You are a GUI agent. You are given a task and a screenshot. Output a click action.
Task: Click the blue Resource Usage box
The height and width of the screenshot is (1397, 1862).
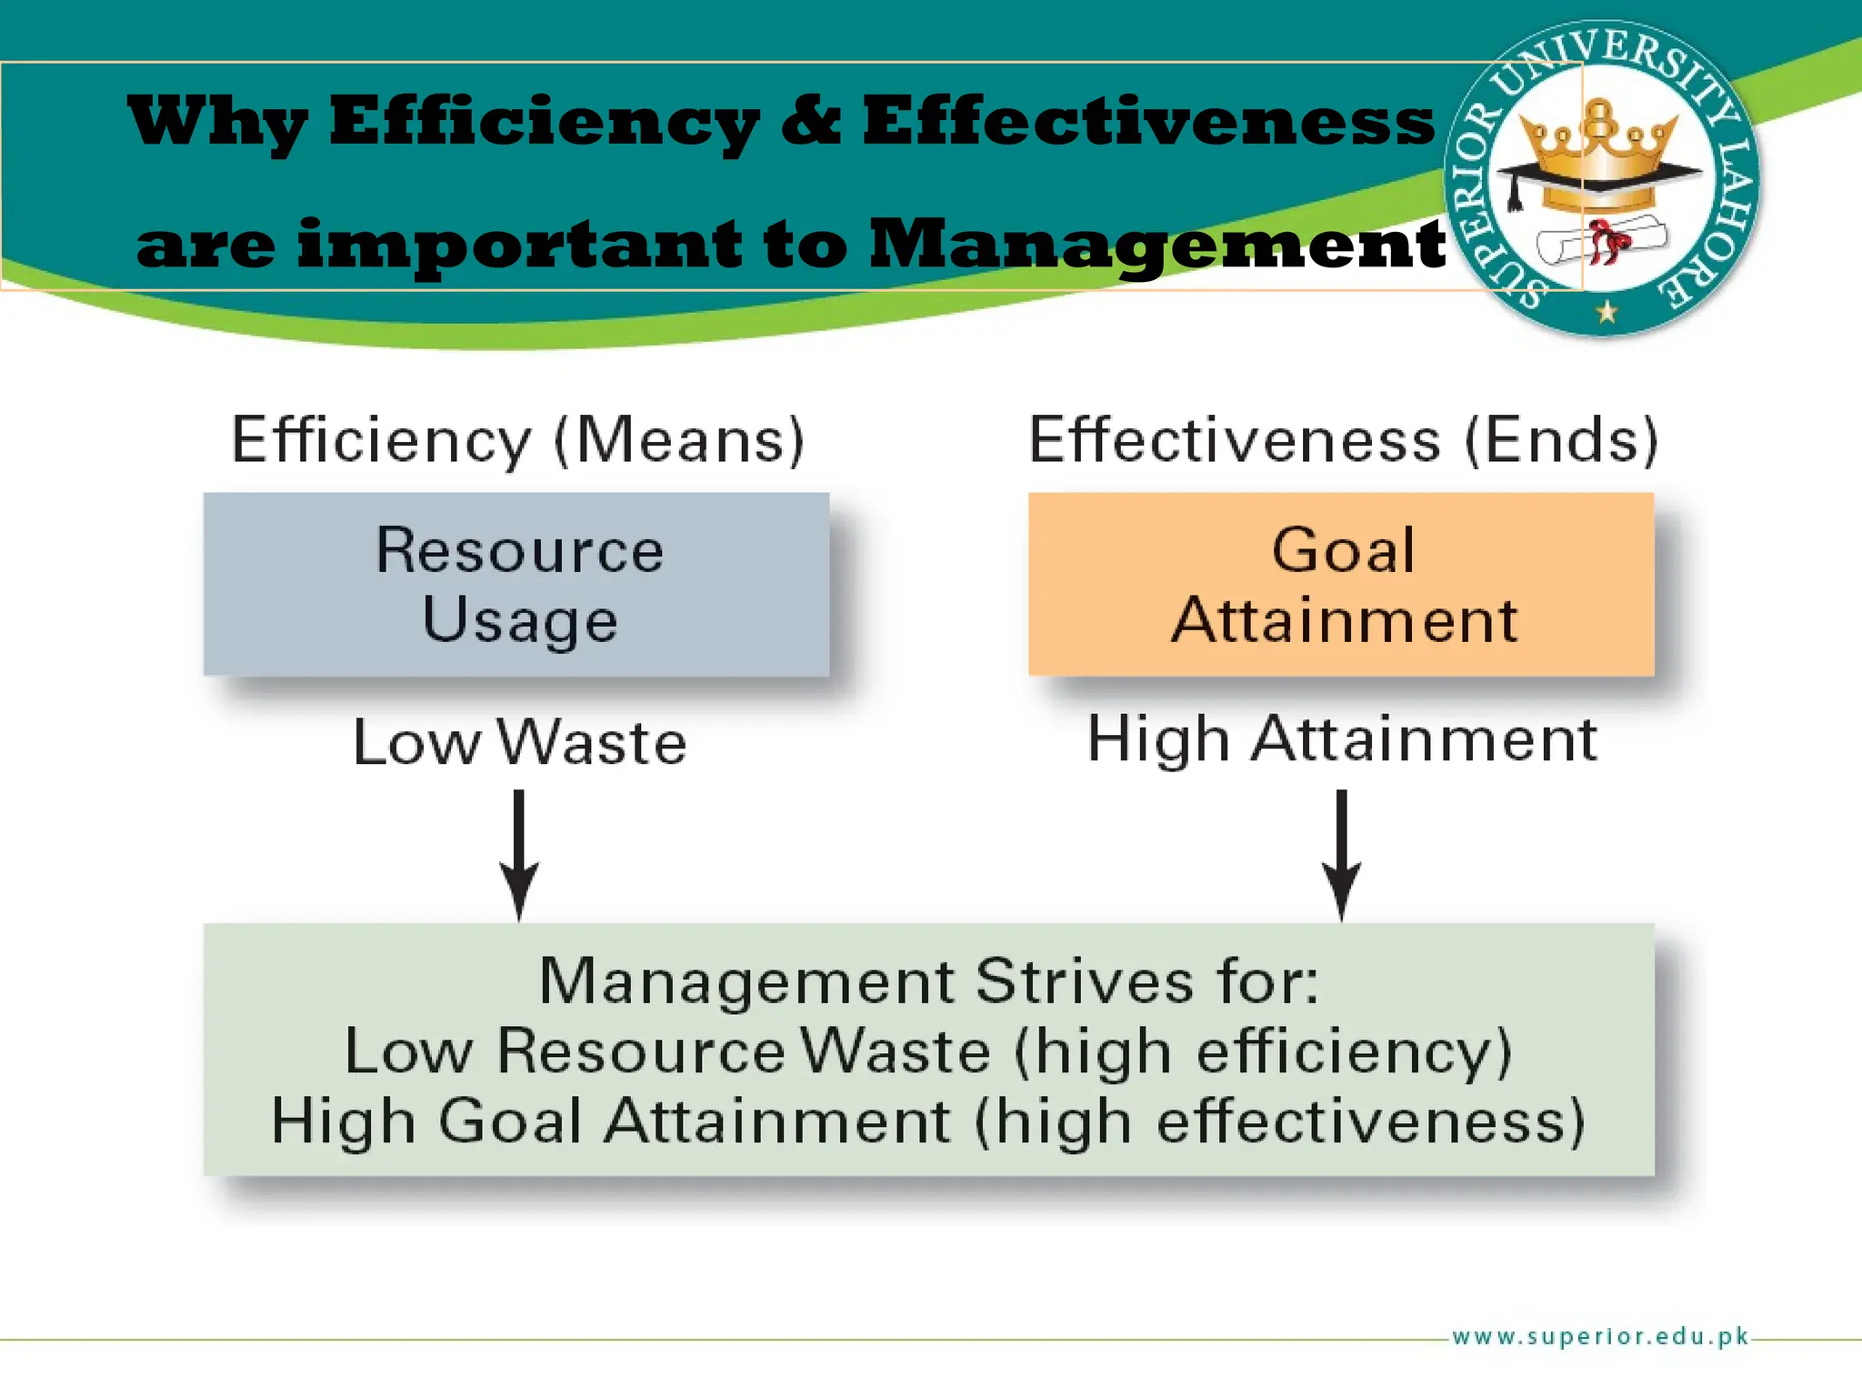click(516, 584)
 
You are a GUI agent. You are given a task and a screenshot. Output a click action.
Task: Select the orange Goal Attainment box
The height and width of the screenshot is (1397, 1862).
click(1341, 584)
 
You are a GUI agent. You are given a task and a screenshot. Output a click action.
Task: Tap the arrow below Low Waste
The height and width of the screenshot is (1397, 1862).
click(519, 855)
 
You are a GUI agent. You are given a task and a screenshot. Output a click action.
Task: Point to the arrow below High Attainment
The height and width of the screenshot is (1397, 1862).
click(1341, 855)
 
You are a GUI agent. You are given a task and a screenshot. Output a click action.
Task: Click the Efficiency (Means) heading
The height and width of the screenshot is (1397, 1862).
click(518, 440)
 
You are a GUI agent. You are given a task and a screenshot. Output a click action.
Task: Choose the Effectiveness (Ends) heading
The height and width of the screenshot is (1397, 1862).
click(1344, 440)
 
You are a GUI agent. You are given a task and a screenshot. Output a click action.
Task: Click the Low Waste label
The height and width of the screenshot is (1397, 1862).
click(519, 742)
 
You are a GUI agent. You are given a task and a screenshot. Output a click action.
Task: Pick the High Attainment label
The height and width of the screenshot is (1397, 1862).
click(1342, 739)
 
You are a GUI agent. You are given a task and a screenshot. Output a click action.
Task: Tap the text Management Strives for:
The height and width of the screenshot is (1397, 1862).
click(928, 981)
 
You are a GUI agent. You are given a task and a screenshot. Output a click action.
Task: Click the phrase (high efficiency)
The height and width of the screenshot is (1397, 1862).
click(1264, 1052)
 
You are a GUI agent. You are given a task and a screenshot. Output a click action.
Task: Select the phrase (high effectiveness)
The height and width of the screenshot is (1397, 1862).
click(1280, 1121)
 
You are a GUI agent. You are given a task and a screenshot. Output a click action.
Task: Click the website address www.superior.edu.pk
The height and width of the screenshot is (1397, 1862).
click(1600, 1336)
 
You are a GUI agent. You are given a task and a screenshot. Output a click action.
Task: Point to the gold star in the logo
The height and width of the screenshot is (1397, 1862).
click(1607, 312)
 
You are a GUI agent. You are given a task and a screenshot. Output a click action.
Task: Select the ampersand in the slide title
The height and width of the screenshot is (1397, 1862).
click(811, 122)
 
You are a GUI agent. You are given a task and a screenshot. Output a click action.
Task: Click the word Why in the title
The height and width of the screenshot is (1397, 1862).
click(216, 124)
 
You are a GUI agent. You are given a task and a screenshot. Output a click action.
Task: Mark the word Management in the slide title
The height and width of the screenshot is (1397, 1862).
click(1156, 246)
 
